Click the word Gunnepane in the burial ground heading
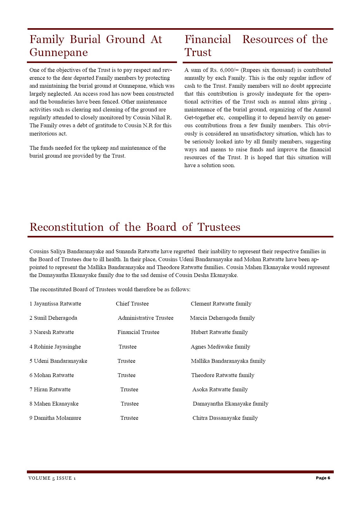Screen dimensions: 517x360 pyautogui.click(x=59, y=53)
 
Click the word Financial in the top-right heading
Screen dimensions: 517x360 pyautogui.click(x=208, y=40)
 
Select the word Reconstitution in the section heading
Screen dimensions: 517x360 pyautogui.click(x=66, y=227)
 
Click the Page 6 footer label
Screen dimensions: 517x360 pyautogui.click(x=323, y=478)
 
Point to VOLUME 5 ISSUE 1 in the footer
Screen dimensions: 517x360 pyautogui.click(x=52, y=478)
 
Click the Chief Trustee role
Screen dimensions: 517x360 pyautogui.click(x=132, y=304)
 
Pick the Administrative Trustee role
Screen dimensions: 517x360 pyautogui.click(x=145, y=318)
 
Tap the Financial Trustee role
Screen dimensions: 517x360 pyautogui.click(x=138, y=332)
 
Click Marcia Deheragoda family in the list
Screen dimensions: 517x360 pyautogui.click(x=222, y=318)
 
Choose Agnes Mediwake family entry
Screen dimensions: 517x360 pyautogui.click(x=220, y=347)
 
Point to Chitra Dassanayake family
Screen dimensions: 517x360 pyautogui.click(x=225, y=418)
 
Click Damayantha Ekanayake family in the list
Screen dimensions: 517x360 pyautogui.click(x=231, y=404)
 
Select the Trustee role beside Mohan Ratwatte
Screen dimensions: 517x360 pyautogui.click(x=126, y=375)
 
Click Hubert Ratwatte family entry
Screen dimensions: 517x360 pyautogui.click(x=219, y=332)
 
